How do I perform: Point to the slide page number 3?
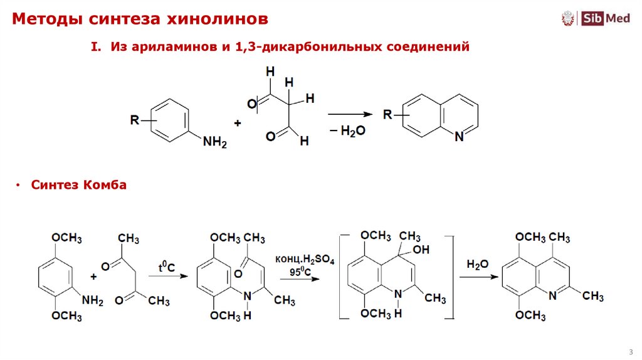coord(629,350)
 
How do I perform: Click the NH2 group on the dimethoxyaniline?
coord(92,301)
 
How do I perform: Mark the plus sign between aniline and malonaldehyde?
coord(238,124)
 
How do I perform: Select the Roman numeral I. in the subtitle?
coord(97,47)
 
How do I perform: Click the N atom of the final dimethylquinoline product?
coord(552,296)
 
